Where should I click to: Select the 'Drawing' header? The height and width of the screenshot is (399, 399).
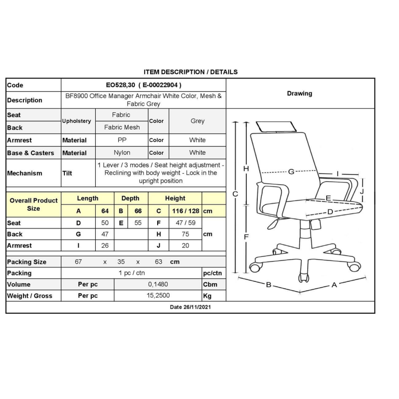pos(300,93)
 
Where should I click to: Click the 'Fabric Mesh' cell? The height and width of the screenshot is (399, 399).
pos(122,127)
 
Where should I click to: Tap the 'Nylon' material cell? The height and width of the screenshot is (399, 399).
pos(122,153)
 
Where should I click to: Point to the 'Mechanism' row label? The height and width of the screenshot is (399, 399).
pos(25,173)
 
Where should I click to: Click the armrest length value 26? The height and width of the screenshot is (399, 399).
pos(105,245)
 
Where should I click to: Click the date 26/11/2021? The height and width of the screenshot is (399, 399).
pos(191,307)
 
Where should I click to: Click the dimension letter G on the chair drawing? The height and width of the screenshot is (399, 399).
pos(291,172)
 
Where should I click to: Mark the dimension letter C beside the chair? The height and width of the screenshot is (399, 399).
pos(235,194)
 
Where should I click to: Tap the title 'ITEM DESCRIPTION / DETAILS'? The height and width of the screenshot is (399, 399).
pos(191,72)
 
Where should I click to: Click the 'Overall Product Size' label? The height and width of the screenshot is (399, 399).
pos(33,204)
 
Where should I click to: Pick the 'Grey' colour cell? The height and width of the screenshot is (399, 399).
pos(198,121)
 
